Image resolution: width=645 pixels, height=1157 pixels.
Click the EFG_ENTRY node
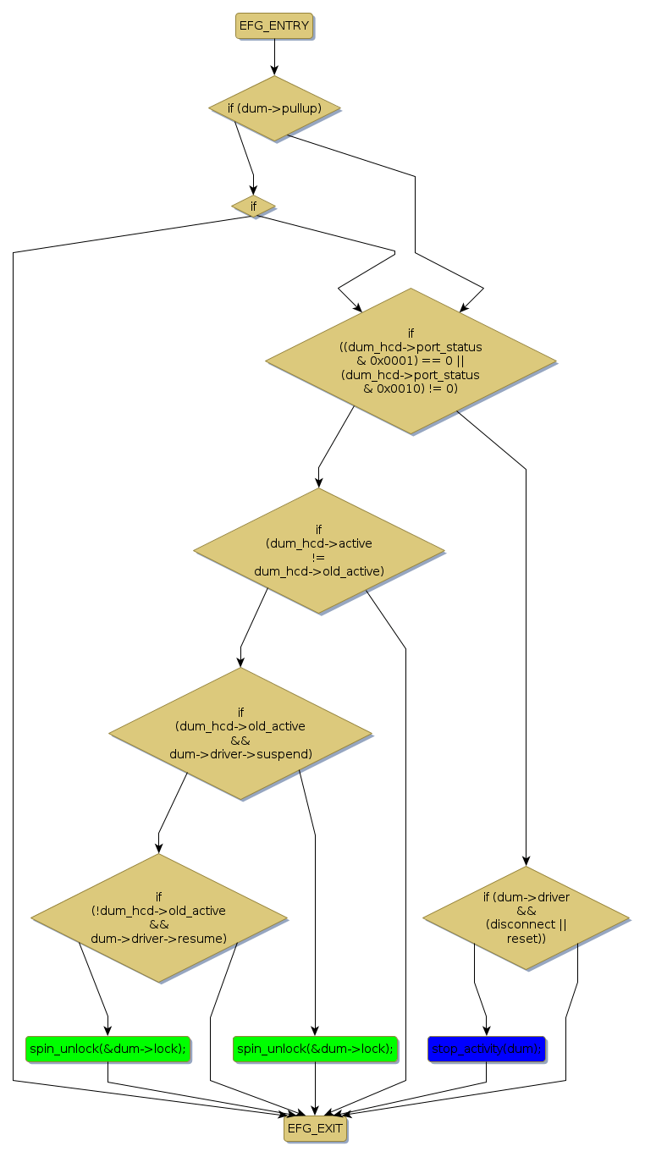(273, 26)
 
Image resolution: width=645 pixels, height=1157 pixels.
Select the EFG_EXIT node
(315, 1128)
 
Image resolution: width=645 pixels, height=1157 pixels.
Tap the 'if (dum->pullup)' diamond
(274, 108)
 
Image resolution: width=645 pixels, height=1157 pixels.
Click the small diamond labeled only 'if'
(253, 206)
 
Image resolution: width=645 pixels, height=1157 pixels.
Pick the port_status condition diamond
(411, 361)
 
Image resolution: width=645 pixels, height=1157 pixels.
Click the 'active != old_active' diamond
(319, 550)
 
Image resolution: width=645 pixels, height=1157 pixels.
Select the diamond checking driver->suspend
(240, 733)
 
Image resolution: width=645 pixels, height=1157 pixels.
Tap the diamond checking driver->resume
(158, 917)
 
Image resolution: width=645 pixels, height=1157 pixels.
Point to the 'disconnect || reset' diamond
(526, 917)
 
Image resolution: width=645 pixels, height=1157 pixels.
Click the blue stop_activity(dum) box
(486, 1049)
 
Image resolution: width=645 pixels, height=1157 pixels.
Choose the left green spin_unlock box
(107, 1049)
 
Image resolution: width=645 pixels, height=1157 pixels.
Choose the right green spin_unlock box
(315, 1049)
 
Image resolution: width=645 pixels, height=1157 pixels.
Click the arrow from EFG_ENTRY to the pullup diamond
(274, 58)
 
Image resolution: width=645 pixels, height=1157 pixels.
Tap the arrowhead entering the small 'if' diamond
(253, 190)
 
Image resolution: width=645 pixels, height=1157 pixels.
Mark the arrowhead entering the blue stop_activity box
(486, 1030)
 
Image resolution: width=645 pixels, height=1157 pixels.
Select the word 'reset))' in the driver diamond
(526, 938)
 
